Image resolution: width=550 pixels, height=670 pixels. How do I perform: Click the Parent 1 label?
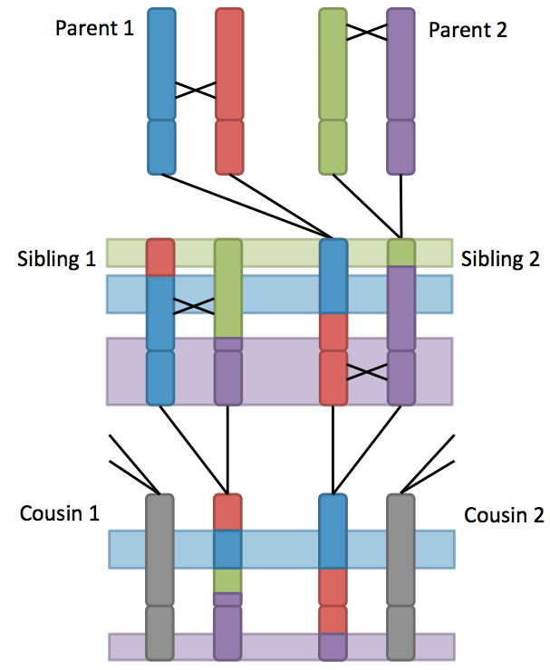[94, 28]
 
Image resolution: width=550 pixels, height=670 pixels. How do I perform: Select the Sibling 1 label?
[56, 259]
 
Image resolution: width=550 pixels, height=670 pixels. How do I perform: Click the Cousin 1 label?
[60, 514]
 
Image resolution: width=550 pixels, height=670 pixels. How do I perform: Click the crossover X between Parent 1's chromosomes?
[196, 90]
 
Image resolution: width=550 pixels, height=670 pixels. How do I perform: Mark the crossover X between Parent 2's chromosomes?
[367, 32]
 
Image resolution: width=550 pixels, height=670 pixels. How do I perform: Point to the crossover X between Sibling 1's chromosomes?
[195, 306]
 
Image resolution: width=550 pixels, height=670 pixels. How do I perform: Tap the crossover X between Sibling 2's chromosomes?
[367, 372]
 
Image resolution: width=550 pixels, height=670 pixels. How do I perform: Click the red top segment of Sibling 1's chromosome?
[160, 257]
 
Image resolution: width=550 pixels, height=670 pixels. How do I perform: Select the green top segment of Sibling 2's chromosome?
[400, 253]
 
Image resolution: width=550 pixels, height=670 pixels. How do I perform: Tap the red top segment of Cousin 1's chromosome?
[228, 512]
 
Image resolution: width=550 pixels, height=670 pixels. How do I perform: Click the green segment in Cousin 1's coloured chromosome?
[228, 579]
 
